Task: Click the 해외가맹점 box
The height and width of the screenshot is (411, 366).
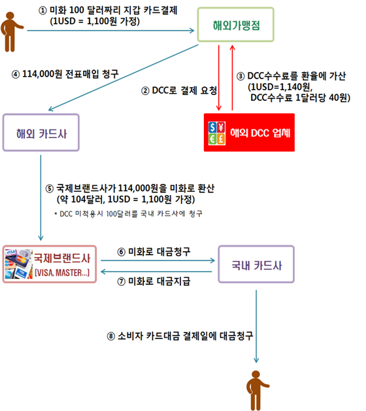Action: coord(236,25)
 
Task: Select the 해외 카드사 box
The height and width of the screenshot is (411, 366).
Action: coord(41,133)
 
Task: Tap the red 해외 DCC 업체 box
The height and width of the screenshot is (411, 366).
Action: coord(249,132)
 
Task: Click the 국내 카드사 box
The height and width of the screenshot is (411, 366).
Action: coord(256,264)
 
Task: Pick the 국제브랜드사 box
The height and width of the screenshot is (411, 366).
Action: coord(50,264)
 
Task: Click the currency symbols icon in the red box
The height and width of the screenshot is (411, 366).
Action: coord(217,133)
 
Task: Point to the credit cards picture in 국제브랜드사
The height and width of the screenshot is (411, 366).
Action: coord(19,264)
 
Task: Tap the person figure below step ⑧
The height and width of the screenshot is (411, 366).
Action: coord(257,391)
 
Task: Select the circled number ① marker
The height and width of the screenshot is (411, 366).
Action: coord(42,10)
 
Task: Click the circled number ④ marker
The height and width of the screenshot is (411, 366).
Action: coord(16,75)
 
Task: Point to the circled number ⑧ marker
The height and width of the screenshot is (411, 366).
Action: coord(111,336)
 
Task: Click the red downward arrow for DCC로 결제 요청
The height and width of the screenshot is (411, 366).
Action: coord(219,78)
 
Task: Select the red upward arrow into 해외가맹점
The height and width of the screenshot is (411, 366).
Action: coord(232,78)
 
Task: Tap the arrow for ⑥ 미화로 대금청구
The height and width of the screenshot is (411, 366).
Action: coord(158,260)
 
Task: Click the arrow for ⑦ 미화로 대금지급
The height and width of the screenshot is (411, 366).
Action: coord(156,272)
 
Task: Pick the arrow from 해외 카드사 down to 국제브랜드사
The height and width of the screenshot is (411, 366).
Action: coord(41,198)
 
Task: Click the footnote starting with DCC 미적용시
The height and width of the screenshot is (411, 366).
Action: coord(129,214)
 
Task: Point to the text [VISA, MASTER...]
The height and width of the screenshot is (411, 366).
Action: coord(62,273)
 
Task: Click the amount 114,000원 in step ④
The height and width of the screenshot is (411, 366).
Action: coord(42,74)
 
